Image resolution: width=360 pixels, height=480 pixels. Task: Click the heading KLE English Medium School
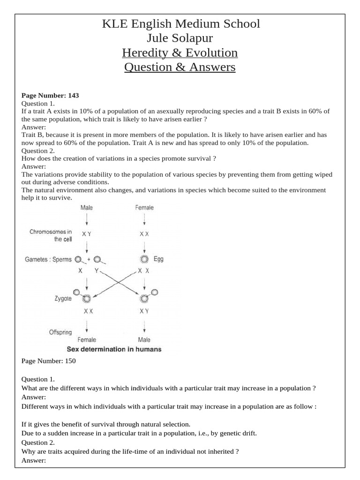point(180,23)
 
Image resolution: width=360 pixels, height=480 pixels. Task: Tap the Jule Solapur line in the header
point(180,38)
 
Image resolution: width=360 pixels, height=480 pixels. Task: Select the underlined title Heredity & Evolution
point(180,52)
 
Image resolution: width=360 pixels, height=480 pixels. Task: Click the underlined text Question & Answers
point(180,67)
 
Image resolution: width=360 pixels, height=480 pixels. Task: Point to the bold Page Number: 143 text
point(50,95)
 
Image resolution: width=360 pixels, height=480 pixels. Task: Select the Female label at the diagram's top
point(144,207)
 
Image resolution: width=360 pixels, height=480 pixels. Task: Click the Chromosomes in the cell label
point(51,235)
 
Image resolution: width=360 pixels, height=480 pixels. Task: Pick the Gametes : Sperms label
point(48,259)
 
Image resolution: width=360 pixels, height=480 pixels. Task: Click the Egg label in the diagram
point(158,259)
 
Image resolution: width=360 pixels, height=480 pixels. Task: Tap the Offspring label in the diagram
point(60,332)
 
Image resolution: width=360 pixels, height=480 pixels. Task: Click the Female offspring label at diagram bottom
point(87,340)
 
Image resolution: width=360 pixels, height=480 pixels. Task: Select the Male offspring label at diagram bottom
point(144,340)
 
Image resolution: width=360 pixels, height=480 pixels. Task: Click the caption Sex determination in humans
point(114,349)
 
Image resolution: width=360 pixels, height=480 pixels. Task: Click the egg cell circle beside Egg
point(144,259)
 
